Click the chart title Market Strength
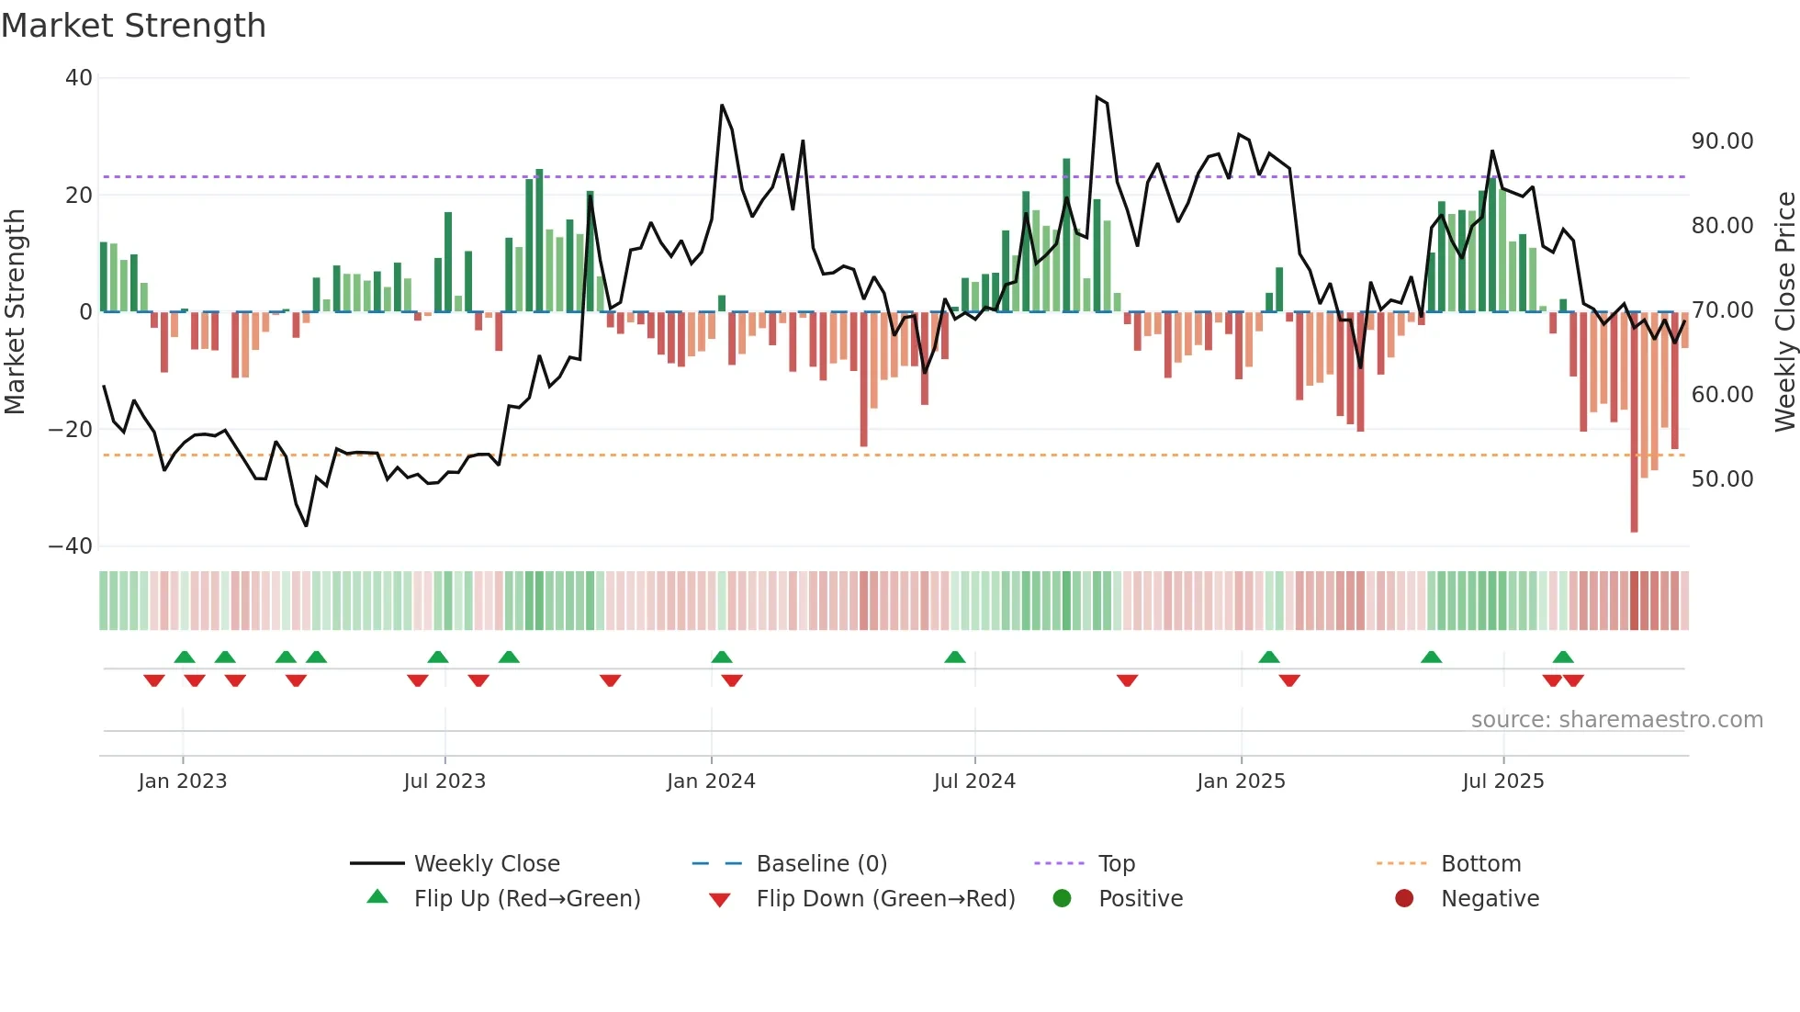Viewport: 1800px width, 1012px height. pos(133,26)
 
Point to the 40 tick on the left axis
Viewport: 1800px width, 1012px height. pos(79,78)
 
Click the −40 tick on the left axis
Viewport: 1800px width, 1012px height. pos(71,546)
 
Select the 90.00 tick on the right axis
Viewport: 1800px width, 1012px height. pos(1722,141)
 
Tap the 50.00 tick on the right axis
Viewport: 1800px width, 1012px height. pos(1722,479)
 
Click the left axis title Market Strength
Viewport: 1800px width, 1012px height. pos(15,312)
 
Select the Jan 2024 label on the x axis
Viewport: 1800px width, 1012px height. pos(711,781)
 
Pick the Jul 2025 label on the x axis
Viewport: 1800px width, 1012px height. pos(1502,781)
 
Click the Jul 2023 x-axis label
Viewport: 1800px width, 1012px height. pos(444,781)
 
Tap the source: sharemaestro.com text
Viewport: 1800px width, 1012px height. pos(1616,720)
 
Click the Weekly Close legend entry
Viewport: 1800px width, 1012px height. pos(486,864)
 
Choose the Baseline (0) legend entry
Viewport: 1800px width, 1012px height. pos(821,864)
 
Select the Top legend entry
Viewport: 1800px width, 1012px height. pos(1116,864)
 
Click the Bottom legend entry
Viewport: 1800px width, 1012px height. pos(1480,864)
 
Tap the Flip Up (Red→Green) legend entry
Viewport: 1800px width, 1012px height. pos(526,899)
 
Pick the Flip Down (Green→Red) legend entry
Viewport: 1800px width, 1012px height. pos(884,899)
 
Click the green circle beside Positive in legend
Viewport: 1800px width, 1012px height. pos(1062,899)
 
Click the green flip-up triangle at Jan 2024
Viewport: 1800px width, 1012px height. pos(722,658)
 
